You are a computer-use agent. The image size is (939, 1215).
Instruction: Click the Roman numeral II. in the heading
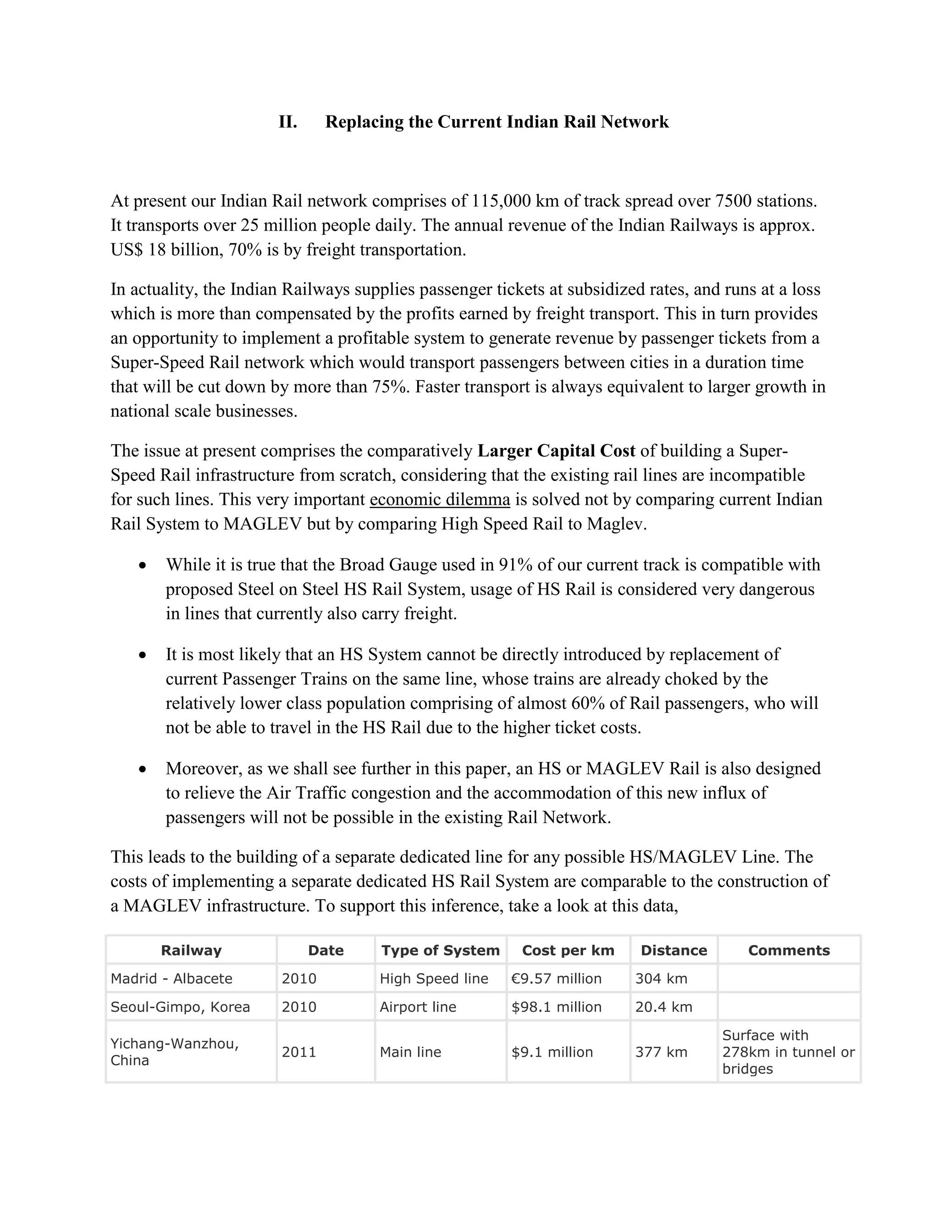coord(287,122)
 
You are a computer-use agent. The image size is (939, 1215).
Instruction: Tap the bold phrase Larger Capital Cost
coord(556,451)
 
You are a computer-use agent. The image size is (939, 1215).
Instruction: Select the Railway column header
coord(191,950)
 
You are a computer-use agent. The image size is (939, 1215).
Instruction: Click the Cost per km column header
coord(568,950)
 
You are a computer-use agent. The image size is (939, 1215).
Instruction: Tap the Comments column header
coord(788,950)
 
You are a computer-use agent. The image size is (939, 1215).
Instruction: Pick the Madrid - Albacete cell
coord(171,978)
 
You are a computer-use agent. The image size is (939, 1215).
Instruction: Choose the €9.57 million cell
coord(556,978)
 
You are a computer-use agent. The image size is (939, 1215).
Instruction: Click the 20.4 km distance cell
coord(663,1007)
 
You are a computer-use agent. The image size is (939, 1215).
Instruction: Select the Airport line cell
coord(417,1007)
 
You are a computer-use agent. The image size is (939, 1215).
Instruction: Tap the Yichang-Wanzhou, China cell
coord(175,1051)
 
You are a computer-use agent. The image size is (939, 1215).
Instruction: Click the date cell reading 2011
coord(299,1052)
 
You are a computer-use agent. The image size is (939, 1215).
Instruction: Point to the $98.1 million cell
coord(556,1007)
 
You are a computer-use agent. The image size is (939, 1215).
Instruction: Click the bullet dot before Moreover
coord(143,769)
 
